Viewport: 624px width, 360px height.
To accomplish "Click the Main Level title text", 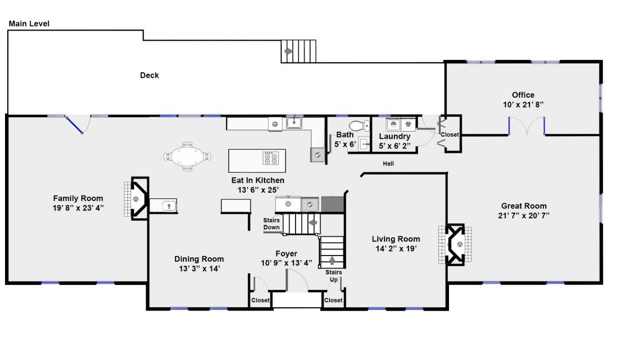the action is point(29,23).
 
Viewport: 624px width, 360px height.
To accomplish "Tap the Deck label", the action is point(149,75).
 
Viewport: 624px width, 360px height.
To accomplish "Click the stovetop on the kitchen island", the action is point(271,158).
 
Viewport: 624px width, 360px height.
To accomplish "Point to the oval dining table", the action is point(187,156).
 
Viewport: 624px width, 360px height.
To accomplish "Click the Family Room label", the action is point(78,198).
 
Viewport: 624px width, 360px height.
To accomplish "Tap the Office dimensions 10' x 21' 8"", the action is point(523,104).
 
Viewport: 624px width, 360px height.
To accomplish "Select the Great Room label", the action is point(524,206).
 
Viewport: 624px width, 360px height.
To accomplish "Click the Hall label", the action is point(388,163).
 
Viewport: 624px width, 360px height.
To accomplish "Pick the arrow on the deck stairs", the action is point(288,51).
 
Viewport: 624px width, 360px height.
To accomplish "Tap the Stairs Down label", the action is point(271,223).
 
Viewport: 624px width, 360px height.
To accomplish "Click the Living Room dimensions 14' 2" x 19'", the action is point(396,249).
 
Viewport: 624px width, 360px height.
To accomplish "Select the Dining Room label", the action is point(199,259).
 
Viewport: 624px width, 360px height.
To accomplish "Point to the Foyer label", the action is point(286,254).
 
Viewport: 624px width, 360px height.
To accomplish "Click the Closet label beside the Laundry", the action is point(450,134).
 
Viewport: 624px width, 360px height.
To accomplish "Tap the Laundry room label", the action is point(395,137).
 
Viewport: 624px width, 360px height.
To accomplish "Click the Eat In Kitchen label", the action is point(258,180).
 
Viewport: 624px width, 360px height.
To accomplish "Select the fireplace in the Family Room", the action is point(137,198).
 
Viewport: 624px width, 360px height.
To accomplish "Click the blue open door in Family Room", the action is point(74,124).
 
